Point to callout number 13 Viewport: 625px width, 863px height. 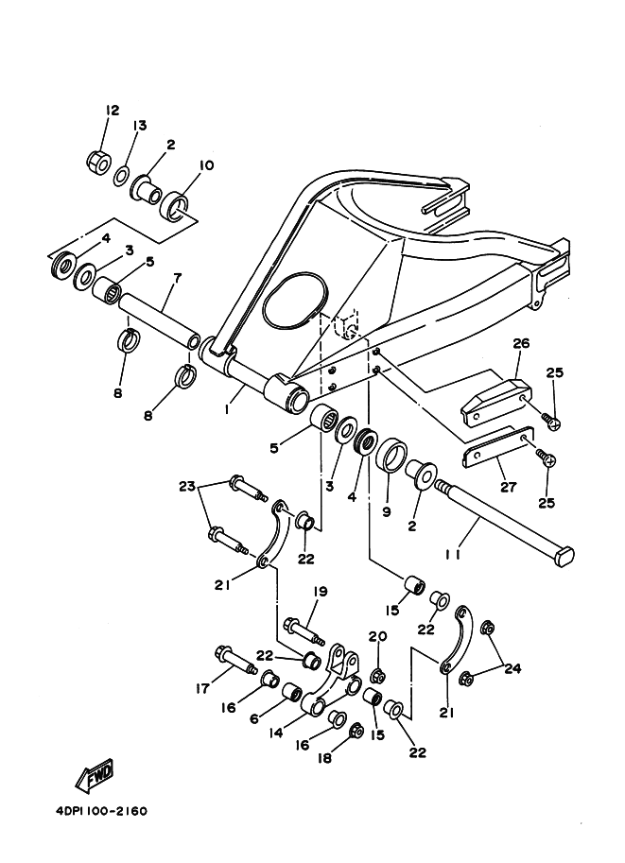pos(140,126)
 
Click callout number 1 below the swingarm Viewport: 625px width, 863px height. pos(228,410)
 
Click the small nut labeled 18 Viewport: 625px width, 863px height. pos(356,730)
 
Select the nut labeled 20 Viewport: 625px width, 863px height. pos(378,675)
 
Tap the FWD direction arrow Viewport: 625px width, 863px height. pos(95,778)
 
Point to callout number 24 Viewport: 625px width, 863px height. pos(512,669)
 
